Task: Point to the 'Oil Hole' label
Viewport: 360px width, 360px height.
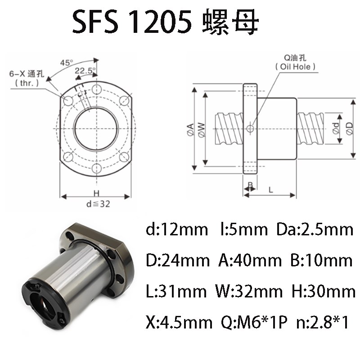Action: coord(295,67)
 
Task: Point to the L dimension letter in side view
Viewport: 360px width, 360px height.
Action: coord(271,189)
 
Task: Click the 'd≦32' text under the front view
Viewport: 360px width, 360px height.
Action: coord(97,203)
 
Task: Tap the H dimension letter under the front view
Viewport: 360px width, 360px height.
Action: coord(96,192)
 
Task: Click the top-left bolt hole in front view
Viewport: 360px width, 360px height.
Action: coord(68,99)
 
